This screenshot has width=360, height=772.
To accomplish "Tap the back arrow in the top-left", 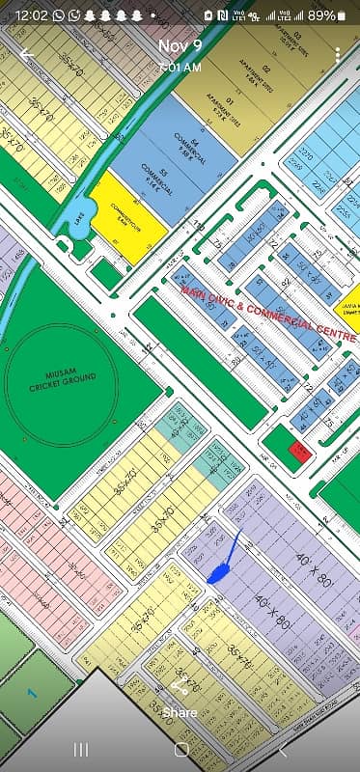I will click(x=26, y=55).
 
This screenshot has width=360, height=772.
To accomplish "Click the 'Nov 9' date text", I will click(x=180, y=46).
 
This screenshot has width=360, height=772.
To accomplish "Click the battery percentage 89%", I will click(x=321, y=15).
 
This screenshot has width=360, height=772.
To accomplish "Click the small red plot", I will click(x=300, y=452).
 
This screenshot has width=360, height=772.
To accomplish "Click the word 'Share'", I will click(x=180, y=712).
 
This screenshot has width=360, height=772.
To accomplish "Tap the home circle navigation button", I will click(x=180, y=749).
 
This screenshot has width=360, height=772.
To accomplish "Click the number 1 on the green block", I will click(x=32, y=692).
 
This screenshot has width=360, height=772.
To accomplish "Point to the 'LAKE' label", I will click(x=78, y=218).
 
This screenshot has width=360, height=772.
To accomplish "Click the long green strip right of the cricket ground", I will click(x=199, y=362).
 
